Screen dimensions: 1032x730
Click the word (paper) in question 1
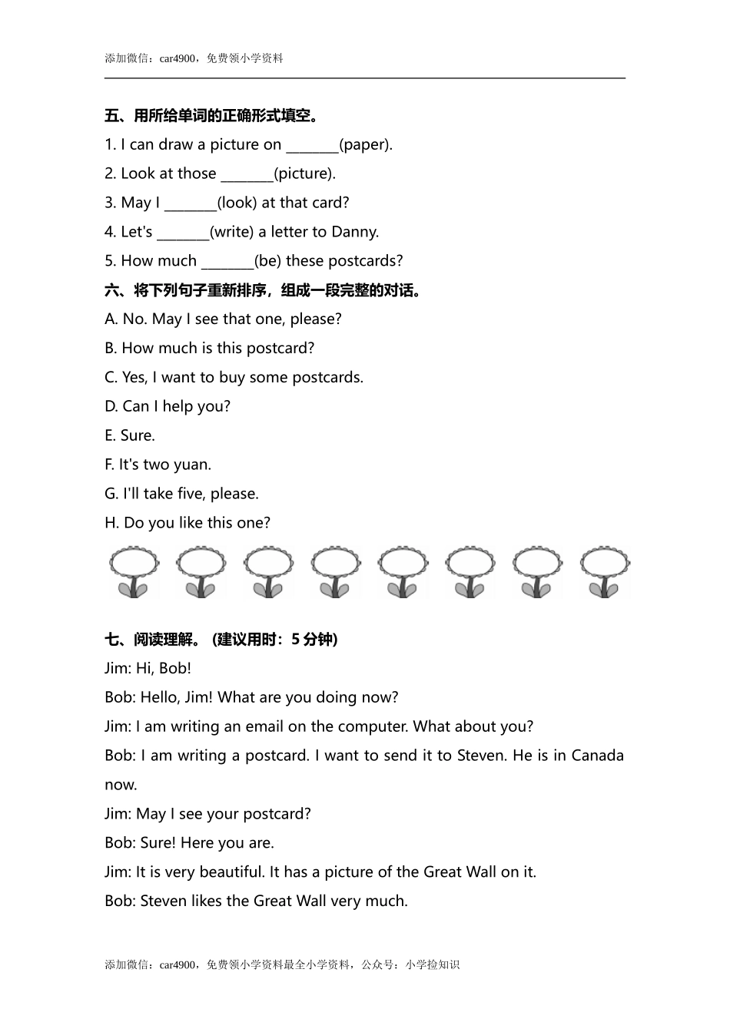pos(366,144)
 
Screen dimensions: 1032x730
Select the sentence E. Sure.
pos(130,435)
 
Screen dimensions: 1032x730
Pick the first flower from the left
pos(134,572)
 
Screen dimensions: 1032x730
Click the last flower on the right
pos(605,572)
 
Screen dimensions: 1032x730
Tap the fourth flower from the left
pos(335,572)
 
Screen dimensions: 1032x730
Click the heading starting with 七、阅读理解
pos(221,639)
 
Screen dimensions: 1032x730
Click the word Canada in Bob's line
pos(597,756)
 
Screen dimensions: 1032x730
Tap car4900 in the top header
pos(178,58)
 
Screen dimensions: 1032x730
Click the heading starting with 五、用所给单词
pos(212,116)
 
